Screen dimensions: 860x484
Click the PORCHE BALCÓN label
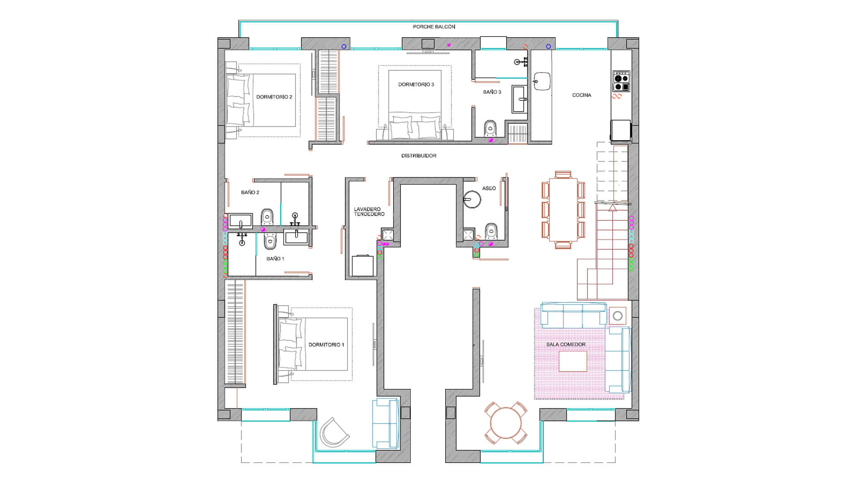(434, 27)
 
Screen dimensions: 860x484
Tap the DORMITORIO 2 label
(274, 97)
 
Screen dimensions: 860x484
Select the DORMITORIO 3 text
(416, 84)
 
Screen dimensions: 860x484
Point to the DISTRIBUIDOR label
(419, 156)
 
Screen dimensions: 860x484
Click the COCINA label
(582, 95)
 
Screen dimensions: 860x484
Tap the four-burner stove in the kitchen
(621, 81)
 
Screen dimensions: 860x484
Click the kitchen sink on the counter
(542, 81)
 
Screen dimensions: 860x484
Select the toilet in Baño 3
(490, 128)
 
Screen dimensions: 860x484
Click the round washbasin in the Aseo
(472, 199)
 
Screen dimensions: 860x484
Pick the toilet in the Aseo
(491, 230)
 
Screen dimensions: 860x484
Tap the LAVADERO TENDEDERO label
(369, 212)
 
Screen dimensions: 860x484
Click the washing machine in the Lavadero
(362, 265)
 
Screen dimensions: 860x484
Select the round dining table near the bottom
(506, 423)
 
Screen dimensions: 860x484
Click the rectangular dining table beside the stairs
(563, 210)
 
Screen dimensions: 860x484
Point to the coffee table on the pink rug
(573, 361)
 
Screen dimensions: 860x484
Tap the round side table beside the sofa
(618, 316)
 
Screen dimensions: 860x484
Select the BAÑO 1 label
(275, 259)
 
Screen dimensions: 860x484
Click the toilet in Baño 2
(267, 217)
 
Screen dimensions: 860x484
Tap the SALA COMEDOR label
(566, 345)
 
